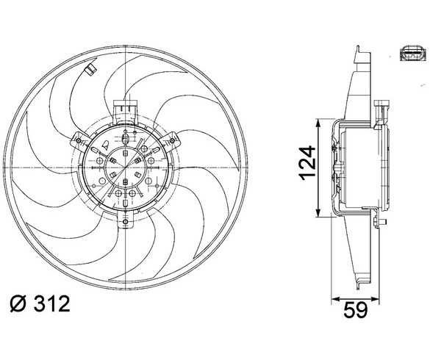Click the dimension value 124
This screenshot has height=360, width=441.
coord(307,162)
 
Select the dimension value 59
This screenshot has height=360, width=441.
coord(356,310)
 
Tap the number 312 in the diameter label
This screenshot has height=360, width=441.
coord(51,303)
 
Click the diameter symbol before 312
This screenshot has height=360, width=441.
coord(18,303)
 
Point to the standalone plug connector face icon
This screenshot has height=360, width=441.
coord(413,54)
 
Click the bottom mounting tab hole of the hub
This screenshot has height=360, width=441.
coord(126,223)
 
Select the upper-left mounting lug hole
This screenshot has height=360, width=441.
coord(79,140)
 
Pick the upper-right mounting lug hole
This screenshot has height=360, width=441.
coord(172,140)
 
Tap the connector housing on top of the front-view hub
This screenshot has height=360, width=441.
coord(125,112)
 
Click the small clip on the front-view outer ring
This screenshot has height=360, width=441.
coord(91,69)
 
